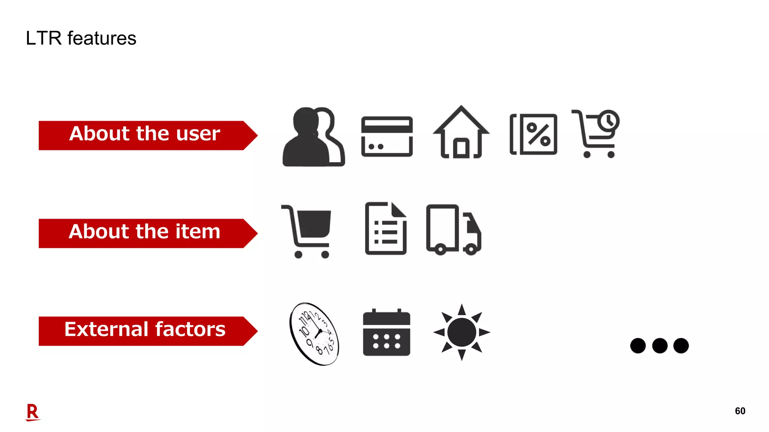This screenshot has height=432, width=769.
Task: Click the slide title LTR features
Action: coord(81,38)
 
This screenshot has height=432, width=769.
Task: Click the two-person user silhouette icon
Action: coord(313,137)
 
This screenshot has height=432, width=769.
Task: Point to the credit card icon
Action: coord(387,136)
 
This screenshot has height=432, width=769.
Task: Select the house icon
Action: coord(461,133)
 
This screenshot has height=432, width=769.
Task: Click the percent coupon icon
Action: coord(534,134)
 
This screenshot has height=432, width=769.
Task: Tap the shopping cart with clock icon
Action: coord(595,134)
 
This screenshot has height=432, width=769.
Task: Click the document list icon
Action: coord(386,228)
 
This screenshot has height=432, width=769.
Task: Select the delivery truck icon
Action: coord(454,229)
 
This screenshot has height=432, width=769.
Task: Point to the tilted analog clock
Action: coord(314,333)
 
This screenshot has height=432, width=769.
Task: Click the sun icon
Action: coord(461,332)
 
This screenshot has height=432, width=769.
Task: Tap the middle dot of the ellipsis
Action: coord(660,345)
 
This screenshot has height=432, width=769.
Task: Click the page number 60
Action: coord(740,411)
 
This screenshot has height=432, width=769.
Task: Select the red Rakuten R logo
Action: coord(33,412)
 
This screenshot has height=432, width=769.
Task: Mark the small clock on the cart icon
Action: coord(609,121)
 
